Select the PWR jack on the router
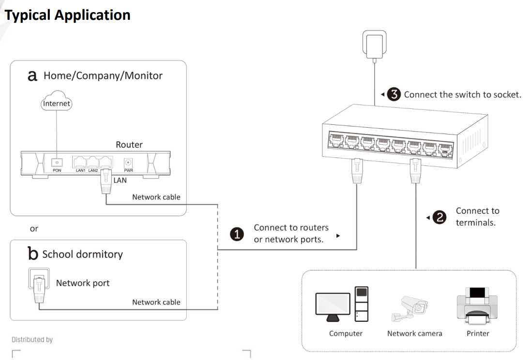tap(129, 163)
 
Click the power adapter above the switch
tap(374, 44)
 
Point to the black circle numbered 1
tap(237, 234)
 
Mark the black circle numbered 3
tap(395, 94)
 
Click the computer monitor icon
tap(333, 305)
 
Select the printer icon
tap(477, 304)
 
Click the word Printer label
tap(477, 333)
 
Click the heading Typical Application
tap(68, 15)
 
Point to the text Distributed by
tap(32, 340)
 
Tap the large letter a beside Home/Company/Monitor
tap(33, 76)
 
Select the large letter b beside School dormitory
tap(33, 254)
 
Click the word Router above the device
tap(129, 145)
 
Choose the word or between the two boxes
tap(34, 228)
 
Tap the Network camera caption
tap(414, 333)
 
